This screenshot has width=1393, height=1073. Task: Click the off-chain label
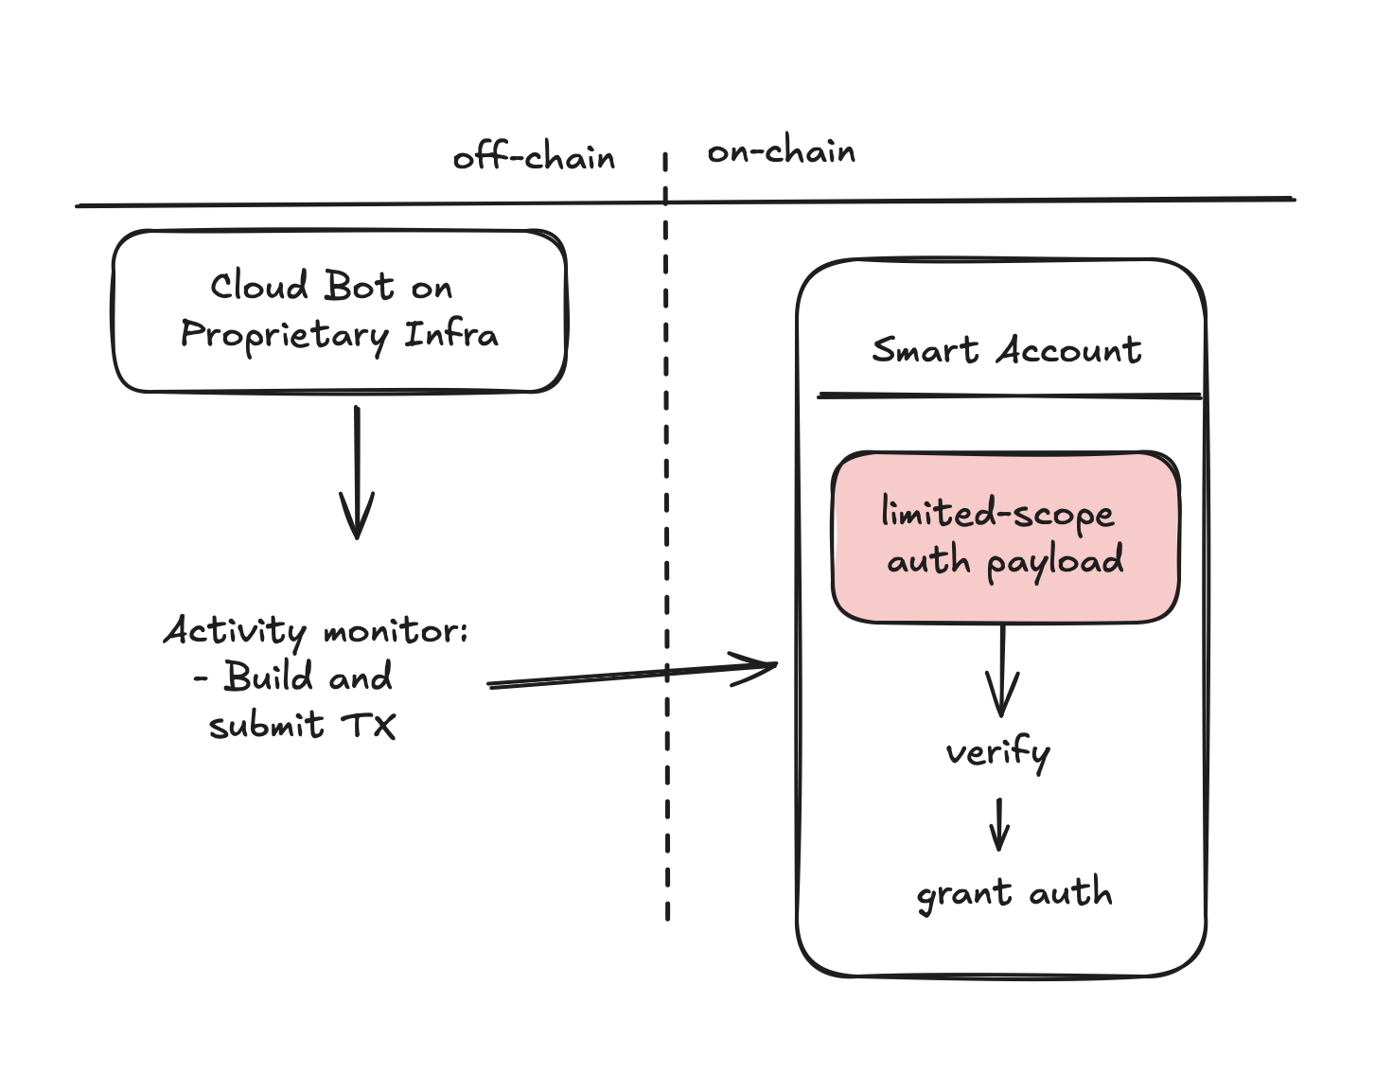pyautogui.click(x=534, y=157)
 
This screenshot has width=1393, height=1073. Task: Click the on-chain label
pyautogui.click(x=781, y=151)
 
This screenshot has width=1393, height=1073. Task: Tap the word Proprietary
pyautogui.click(x=284, y=336)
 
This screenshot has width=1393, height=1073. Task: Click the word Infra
pyautogui.click(x=451, y=334)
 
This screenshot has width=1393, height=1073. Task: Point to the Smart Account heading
pyautogui.click(x=1006, y=350)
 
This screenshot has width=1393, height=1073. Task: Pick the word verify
pyautogui.click(x=997, y=753)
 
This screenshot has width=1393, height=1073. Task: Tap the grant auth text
pyautogui.click(x=1014, y=893)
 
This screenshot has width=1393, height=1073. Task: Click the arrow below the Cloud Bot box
pyautogui.click(x=357, y=473)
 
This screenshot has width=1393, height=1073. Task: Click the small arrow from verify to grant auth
pyautogui.click(x=999, y=824)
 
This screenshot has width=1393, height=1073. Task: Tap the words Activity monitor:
pyautogui.click(x=315, y=631)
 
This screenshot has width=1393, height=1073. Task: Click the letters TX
pyautogui.click(x=368, y=726)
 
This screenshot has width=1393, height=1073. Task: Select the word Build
pyautogui.click(x=268, y=677)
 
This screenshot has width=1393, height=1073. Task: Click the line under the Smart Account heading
pyautogui.click(x=1009, y=396)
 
